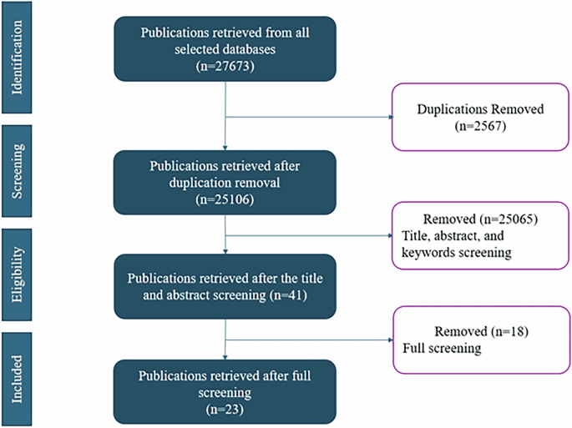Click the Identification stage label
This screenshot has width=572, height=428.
pyautogui.click(x=18, y=58)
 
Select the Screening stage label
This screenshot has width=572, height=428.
pyautogui.click(x=18, y=171)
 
